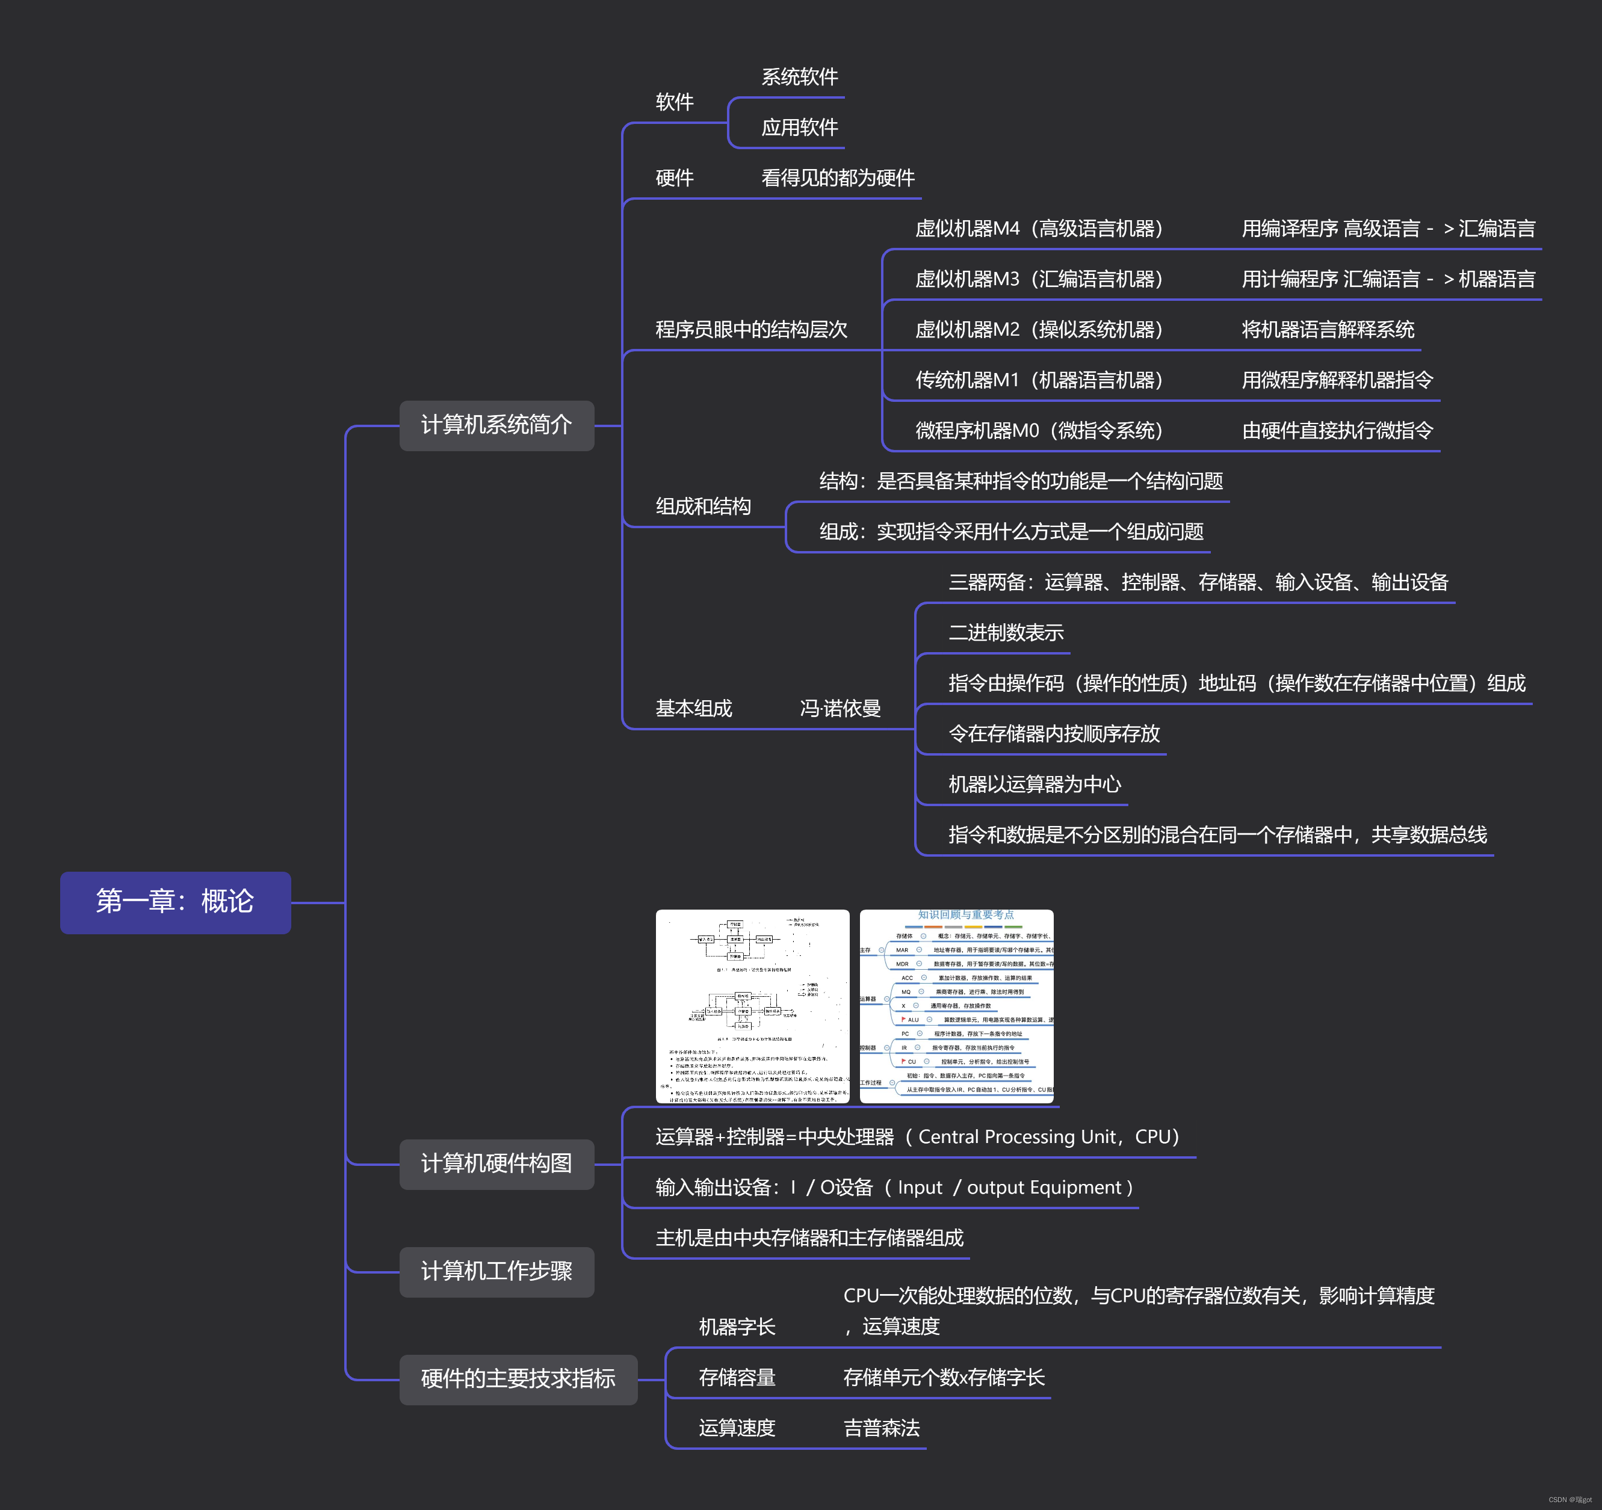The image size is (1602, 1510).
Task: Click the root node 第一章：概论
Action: coord(175,902)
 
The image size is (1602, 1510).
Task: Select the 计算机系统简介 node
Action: coord(496,425)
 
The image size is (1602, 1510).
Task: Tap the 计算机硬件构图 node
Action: coord(496,1163)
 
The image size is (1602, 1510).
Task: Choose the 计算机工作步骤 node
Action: coord(496,1272)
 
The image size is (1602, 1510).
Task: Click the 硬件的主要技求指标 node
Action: coord(518,1379)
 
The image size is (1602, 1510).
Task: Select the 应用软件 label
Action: coord(799,128)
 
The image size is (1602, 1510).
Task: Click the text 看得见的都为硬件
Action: coord(838,178)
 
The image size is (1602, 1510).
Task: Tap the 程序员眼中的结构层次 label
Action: coord(751,330)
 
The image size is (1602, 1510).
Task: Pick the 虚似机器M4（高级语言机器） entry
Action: coord(1039,229)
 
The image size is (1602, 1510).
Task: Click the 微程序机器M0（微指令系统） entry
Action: coord(1039,430)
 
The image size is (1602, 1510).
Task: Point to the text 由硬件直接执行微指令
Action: coord(1338,430)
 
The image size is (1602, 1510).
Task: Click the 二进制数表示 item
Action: coord(1006,632)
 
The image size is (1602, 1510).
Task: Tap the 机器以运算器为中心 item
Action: coord(1034,784)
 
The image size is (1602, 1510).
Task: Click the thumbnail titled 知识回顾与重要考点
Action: coord(956,1006)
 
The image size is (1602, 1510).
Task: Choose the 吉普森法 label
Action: coord(882,1428)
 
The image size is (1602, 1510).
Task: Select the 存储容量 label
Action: coord(737,1378)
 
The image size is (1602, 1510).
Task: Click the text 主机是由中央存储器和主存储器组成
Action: coord(809,1237)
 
